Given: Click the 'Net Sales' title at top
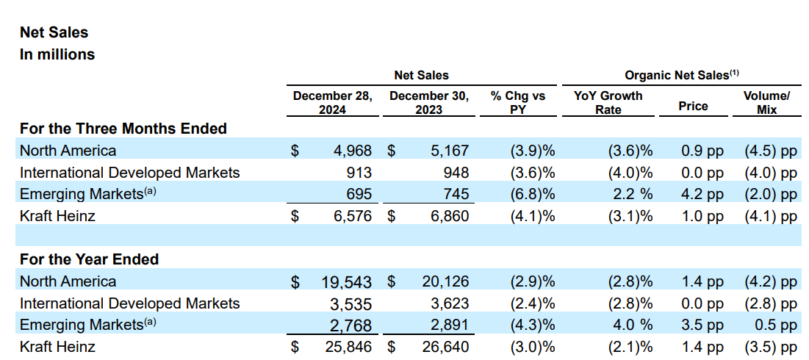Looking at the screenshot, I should (x=54, y=32).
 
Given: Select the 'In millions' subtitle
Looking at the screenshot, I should (x=57, y=54).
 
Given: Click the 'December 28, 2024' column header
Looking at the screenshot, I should (x=332, y=102).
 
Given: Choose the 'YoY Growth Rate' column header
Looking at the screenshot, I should (x=608, y=102).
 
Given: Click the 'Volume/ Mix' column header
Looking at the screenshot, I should (x=766, y=102).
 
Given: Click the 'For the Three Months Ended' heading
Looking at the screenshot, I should (x=123, y=129).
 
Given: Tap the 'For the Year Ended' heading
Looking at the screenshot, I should (x=89, y=259).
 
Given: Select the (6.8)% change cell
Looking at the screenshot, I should (x=531, y=195).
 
